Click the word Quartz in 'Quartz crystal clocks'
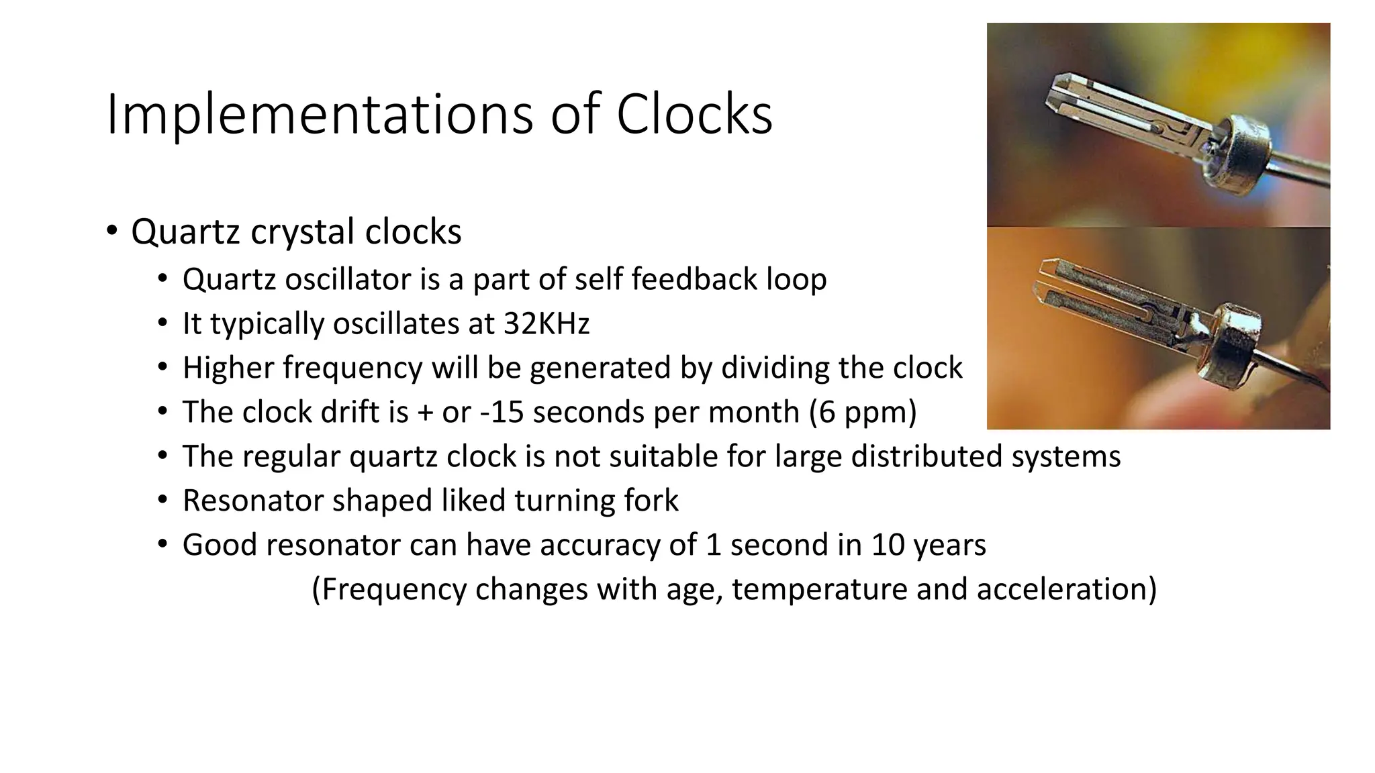pos(185,232)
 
